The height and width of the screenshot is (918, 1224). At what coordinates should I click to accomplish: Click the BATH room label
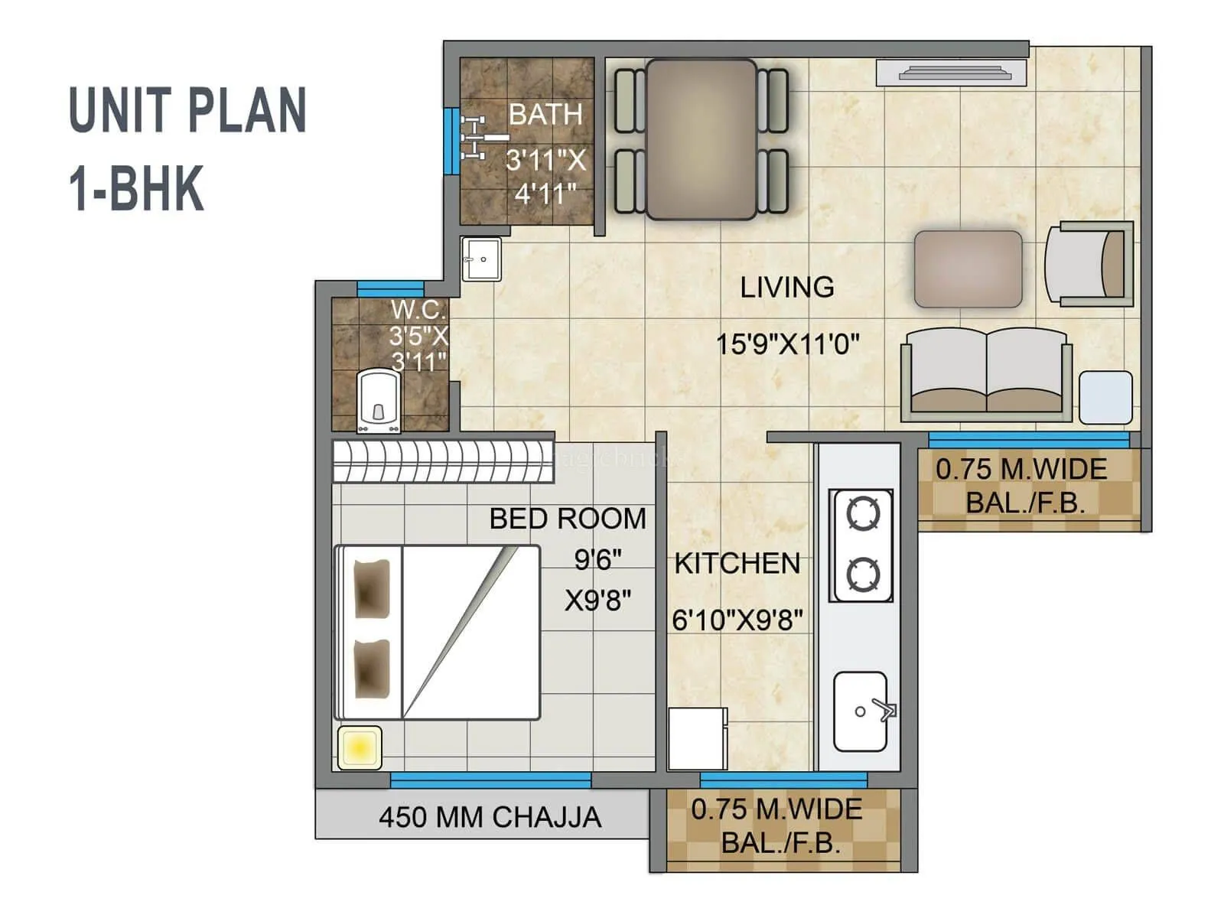coord(545,115)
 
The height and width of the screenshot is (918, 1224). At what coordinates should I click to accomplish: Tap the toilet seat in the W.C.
coord(379,402)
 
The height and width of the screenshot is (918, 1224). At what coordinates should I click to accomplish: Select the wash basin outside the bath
coord(481,259)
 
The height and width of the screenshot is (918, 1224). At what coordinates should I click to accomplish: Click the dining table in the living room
coord(702,139)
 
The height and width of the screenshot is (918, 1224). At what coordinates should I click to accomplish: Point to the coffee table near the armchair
coord(968,269)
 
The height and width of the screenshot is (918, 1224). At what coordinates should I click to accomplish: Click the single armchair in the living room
coord(1088,265)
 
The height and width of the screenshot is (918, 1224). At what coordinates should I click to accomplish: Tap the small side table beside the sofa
coord(1105,396)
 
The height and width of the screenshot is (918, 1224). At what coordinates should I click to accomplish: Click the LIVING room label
coord(787,288)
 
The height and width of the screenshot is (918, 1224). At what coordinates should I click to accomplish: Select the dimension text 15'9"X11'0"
coord(787,344)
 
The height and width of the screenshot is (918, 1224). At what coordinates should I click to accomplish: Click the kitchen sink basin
coord(861,711)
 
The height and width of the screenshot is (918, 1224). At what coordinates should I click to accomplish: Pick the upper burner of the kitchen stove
coord(863,513)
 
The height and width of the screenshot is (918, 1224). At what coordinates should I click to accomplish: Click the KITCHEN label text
coord(737,564)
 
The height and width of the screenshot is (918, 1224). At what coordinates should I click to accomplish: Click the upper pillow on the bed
coord(373,588)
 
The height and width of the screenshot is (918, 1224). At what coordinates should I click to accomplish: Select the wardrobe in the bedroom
coord(443,462)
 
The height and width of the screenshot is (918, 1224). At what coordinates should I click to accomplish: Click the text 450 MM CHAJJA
coord(490,817)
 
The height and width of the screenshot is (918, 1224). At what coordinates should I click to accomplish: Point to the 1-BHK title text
coord(137,189)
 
